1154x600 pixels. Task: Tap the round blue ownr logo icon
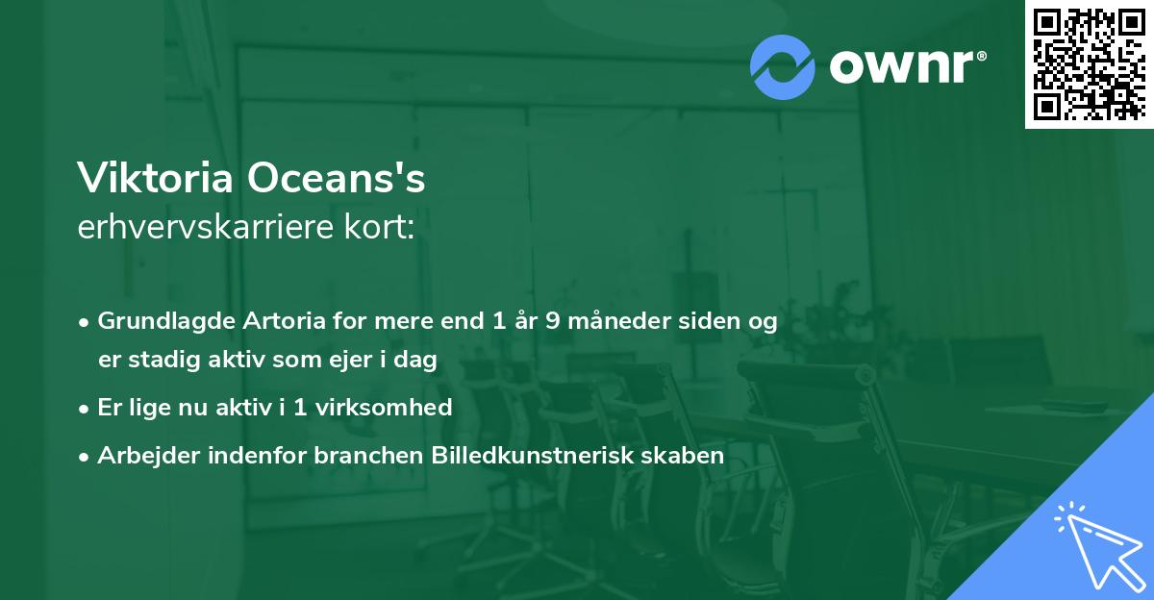pyautogui.click(x=783, y=67)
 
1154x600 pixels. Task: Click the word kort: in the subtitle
pyautogui.click(x=382, y=227)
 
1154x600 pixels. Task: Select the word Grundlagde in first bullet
pyautogui.click(x=161, y=321)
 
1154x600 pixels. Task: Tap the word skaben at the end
pyautogui.click(x=688, y=455)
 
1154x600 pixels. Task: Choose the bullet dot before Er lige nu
pyautogui.click(x=85, y=408)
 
